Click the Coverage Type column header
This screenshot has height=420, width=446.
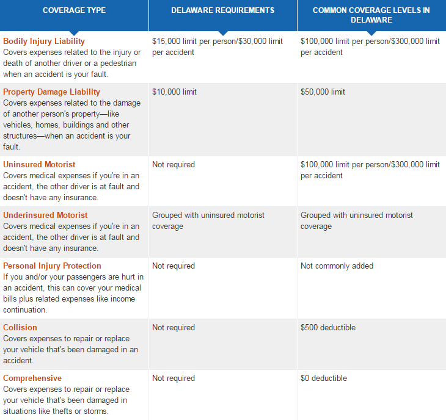[x=74, y=10]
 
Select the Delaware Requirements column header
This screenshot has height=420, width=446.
[x=222, y=10]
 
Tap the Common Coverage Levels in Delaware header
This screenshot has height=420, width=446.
[x=371, y=15]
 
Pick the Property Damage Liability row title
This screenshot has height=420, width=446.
[x=51, y=92]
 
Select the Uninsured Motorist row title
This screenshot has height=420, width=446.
[x=39, y=165]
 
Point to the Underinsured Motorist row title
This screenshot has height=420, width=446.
[x=45, y=215]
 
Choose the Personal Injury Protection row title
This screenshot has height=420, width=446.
[x=52, y=266]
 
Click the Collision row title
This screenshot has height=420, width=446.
[x=20, y=328]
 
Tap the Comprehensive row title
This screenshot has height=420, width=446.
[x=32, y=378]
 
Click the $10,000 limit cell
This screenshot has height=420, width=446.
[x=174, y=92]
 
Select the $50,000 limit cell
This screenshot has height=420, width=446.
[x=323, y=92]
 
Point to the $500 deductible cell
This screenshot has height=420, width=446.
[x=327, y=328]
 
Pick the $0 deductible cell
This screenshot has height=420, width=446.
[x=324, y=378]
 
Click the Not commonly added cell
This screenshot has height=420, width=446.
[x=337, y=266]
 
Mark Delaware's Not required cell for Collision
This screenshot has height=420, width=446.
[x=174, y=328]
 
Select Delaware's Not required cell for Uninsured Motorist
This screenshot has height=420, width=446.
[x=174, y=165]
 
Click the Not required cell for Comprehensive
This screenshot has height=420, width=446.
[x=174, y=378]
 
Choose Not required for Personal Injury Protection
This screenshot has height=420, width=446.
[x=174, y=266]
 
